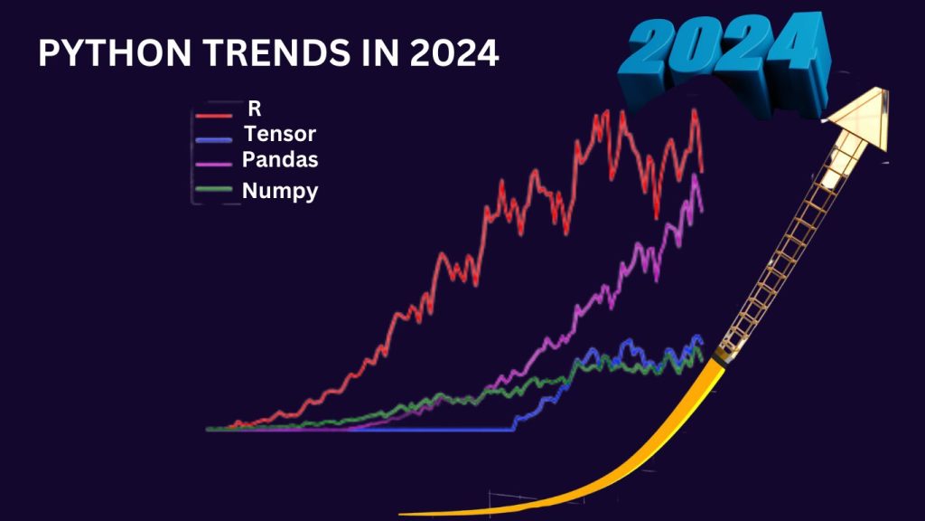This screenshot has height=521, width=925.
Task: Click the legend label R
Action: (255, 109)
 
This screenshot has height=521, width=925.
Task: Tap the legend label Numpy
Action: (279, 191)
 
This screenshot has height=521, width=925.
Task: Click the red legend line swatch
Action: (214, 116)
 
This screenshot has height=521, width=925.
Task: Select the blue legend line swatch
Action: (214, 140)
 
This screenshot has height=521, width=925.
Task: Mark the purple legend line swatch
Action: (214, 165)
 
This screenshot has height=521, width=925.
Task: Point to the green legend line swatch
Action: (214, 188)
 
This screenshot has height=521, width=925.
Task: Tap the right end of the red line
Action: (702, 171)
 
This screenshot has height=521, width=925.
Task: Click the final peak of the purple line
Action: (695, 176)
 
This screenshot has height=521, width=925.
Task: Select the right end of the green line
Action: (701, 362)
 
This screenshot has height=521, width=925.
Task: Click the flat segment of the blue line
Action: (434, 430)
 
